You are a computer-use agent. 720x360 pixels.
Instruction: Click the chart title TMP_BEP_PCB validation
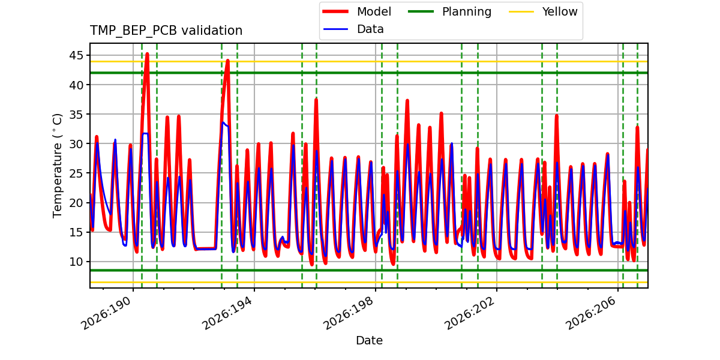pyautogui.click(x=166, y=31)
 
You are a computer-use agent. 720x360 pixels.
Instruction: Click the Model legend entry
pyautogui.click(x=357, y=11)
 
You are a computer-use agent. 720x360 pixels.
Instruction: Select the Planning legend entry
pyautogui.click(x=449, y=11)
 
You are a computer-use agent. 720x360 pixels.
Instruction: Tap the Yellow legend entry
pyautogui.click(x=543, y=11)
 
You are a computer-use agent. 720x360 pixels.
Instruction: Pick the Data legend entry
pyautogui.click(x=353, y=29)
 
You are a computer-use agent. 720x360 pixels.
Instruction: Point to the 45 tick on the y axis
pyautogui.click(x=76, y=56)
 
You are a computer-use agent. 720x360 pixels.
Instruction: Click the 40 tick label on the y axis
pyautogui.click(x=76, y=85)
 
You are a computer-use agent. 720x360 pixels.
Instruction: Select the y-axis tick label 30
pyautogui.click(x=76, y=144)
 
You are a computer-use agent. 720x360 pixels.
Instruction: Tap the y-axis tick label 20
pyautogui.click(x=76, y=203)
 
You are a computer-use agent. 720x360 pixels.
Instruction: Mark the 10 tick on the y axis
pyautogui.click(x=76, y=262)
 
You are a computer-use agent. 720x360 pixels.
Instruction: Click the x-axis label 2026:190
pyautogui.click(x=107, y=313)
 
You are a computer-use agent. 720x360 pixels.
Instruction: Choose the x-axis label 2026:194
pyautogui.click(x=228, y=313)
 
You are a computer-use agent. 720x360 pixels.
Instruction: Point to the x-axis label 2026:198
pyautogui.click(x=349, y=313)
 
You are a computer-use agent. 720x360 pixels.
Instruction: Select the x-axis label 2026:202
pyautogui.click(x=470, y=313)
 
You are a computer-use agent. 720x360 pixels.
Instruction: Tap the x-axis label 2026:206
pyautogui.click(x=592, y=313)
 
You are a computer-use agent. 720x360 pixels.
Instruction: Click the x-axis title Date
pyautogui.click(x=369, y=340)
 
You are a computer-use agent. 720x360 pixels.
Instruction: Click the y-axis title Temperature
pyautogui.click(x=57, y=166)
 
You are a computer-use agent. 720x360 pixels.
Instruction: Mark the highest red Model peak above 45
pyautogui.click(x=147, y=53)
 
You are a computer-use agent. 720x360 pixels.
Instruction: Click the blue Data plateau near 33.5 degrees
pyautogui.click(x=226, y=125)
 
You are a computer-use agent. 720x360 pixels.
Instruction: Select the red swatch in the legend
pyautogui.click(x=335, y=11)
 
